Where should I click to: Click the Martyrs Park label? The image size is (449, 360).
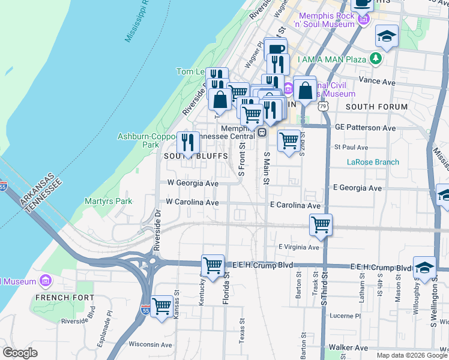[x=108, y=202]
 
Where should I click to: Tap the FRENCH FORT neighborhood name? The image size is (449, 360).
[x=65, y=298]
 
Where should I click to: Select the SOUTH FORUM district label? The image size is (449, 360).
[x=376, y=107]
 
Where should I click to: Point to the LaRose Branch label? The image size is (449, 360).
[x=373, y=162]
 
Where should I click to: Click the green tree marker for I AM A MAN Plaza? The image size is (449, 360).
[x=376, y=58]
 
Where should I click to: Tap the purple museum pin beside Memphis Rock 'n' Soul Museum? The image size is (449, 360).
[x=363, y=20]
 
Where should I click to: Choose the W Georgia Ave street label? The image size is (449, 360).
[x=192, y=183]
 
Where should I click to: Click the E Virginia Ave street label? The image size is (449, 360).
[x=299, y=247]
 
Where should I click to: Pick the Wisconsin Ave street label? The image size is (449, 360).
[x=150, y=344]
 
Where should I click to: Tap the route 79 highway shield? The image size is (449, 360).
[x=324, y=106]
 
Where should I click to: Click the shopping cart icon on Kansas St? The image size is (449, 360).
[x=162, y=307]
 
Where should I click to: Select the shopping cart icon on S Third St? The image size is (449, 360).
[x=321, y=225]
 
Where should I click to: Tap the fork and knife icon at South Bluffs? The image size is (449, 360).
[x=188, y=143]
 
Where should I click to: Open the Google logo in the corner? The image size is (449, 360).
[x=20, y=353]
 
